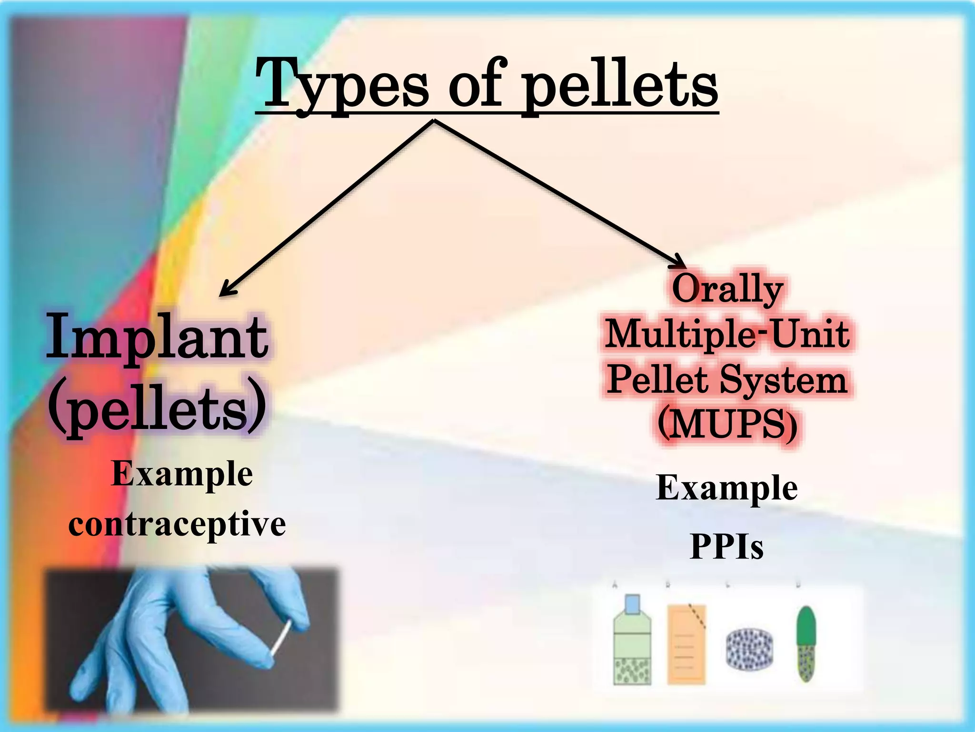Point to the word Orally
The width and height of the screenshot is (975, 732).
pyautogui.click(x=727, y=290)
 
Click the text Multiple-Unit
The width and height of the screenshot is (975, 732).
pyautogui.click(x=727, y=334)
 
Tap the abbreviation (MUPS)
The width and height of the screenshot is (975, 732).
pyautogui.click(x=727, y=424)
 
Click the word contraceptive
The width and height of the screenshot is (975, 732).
pyautogui.click(x=177, y=524)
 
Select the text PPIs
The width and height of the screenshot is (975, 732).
pyautogui.click(x=727, y=547)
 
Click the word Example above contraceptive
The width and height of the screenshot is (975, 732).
pyautogui.click(x=182, y=474)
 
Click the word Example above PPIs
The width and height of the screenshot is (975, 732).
pyautogui.click(x=727, y=488)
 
